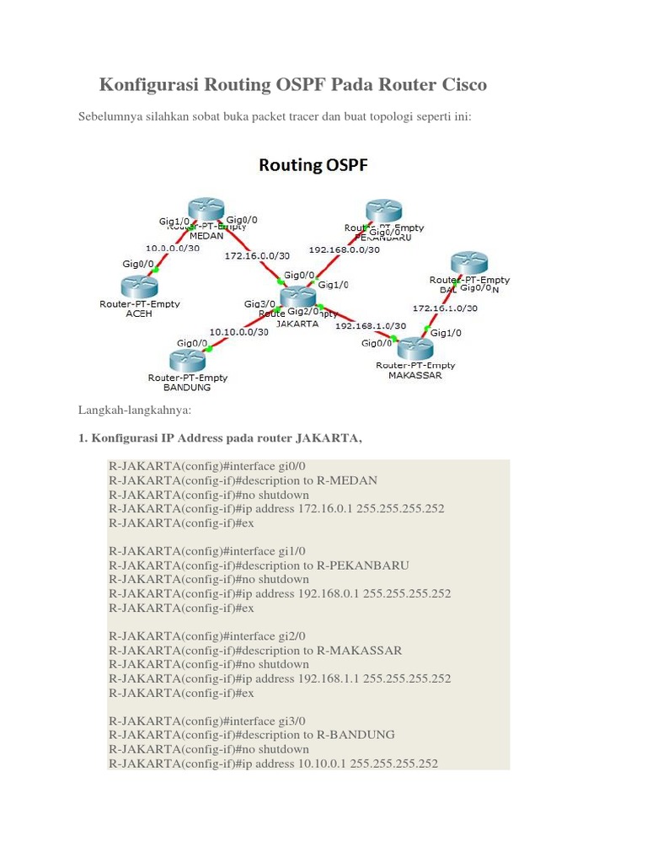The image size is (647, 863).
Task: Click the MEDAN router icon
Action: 206,210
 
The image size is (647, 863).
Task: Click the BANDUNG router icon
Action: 187,361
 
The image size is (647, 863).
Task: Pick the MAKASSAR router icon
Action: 414,348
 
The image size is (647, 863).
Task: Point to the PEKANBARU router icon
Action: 384,212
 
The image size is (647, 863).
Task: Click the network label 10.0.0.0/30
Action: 173,249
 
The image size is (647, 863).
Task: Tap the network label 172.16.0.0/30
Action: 257,255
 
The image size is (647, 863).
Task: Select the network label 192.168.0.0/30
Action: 344,249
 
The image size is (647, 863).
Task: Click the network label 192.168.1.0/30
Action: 371,325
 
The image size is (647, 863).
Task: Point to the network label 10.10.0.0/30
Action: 239,331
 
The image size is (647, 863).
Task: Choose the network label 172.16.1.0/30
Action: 445,308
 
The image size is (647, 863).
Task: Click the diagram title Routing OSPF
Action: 313,165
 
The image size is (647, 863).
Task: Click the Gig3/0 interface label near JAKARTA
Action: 259,303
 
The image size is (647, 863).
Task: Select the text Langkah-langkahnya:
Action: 135,410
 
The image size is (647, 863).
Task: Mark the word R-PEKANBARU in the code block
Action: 362,566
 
